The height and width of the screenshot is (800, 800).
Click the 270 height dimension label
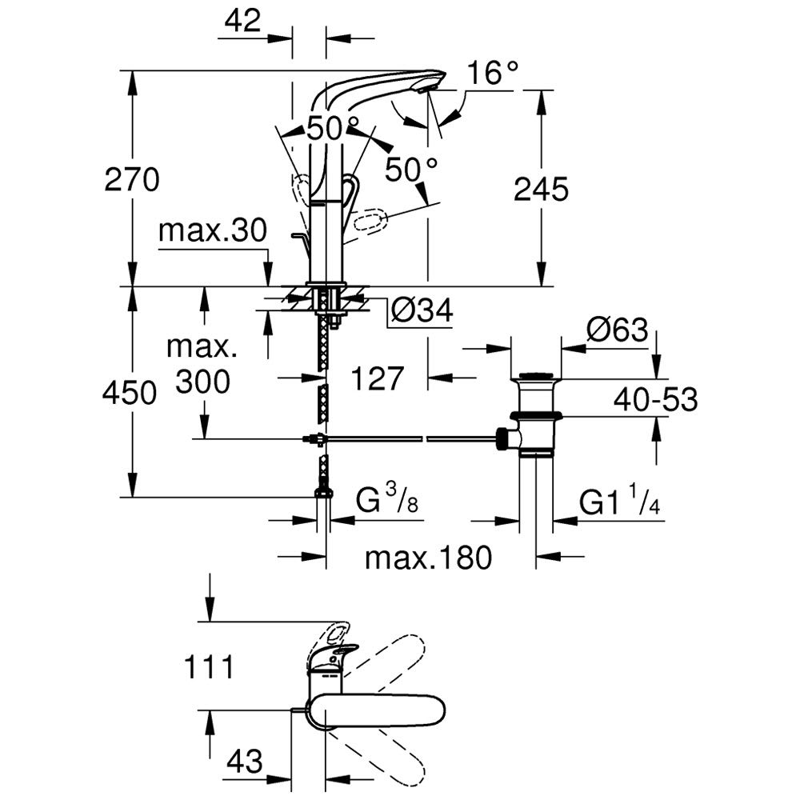click(132, 179)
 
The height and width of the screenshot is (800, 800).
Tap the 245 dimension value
click(541, 189)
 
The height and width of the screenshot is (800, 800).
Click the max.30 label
click(212, 231)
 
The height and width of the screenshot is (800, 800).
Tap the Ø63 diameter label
click(617, 330)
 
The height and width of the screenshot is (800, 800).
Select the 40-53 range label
click(656, 399)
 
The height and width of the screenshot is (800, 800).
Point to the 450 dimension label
click(130, 393)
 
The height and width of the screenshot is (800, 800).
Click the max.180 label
click(428, 557)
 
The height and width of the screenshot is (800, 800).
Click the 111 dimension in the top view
click(209, 666)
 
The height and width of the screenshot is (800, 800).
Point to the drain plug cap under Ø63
click(537, 375)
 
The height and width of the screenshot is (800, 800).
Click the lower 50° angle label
click(411, 169)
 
